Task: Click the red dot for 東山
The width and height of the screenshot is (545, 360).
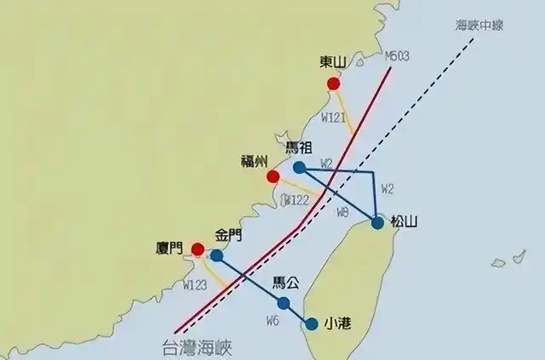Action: click(x=334, y=83)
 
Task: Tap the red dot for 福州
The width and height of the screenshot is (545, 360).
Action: click(x=272, y=177)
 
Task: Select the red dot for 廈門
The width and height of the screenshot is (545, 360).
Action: click(x=198, y=249)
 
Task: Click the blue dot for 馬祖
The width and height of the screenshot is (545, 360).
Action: click(x=299, y=168)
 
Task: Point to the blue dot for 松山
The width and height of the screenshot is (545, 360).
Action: click(x=377, y=224)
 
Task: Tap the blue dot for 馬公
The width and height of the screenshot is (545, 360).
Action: click(x=284, y=303)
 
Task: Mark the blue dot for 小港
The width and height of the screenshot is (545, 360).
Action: click(x=313, y=323)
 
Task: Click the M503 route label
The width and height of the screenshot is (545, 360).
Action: click(x=397, y=56)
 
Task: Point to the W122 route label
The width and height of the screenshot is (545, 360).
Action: click(x=295, y=200)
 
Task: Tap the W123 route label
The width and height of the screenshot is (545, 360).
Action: click(x=195, y=285)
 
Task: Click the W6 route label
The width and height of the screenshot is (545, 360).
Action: click(x=272, y=321)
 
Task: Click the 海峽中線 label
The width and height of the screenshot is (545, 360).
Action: click(x=479, y=25)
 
